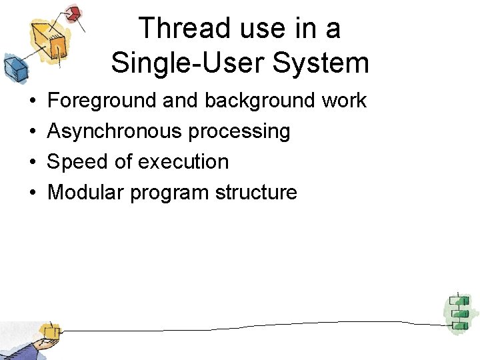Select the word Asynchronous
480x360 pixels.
click(115, 131)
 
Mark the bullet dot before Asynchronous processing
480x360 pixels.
click(33, 132)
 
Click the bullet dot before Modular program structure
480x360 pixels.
click(33, 193)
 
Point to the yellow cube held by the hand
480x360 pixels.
click(49, 331)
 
